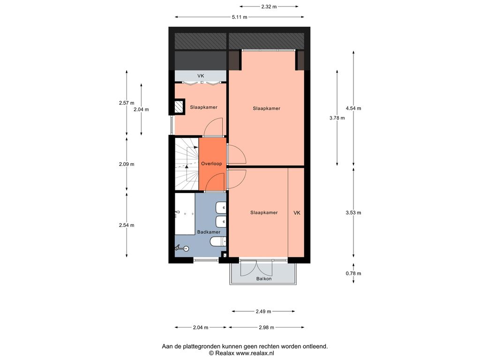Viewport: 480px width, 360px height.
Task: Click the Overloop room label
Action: pyautogui.click(x=211, y=164)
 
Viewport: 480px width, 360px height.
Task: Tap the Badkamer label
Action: pyautogui.click(x=209, y=232)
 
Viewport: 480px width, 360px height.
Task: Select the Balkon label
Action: pyautogui.click(x=264, y=279)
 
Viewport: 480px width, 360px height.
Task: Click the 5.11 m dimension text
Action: pyautogui.click(x=240, y=17)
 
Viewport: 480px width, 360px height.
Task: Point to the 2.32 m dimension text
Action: pyautogui.click(x=269, y=7)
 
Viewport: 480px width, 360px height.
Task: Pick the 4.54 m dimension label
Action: pyautogui.click(x=353, y=108)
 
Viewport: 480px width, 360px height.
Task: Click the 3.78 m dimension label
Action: pyautogui.click(x=337, y=118)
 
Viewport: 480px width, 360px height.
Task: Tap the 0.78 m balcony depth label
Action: pyautogui.click(x=353, y=274)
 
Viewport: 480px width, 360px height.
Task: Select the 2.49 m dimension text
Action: pyautogui.click(x=263, y=312)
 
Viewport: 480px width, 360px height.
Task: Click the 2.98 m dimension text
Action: pyautogui.click(x=266, y=328)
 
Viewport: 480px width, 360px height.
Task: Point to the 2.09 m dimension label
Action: pyautogui.click(x=127, y=165)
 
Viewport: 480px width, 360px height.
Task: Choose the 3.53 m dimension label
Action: pyautogui.click(x=353, y=213)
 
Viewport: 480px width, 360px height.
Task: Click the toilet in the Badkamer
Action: pyautogui.click(x=218, y=242)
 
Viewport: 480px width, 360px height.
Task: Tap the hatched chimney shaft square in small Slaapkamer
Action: pyautogui.click(x=179, y=107)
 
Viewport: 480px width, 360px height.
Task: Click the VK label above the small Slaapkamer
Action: pyautogui.click(x=201, y=76)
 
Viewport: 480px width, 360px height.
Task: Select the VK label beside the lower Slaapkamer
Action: pyautogui.click(x=297, y=213)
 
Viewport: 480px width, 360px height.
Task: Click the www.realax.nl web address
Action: pyautogui.click(x=255, y=353)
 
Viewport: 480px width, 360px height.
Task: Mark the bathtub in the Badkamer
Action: pyautogui.click(x=185, y=214)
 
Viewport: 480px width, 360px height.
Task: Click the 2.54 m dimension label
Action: pyautogui.click(x=127, y=225)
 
